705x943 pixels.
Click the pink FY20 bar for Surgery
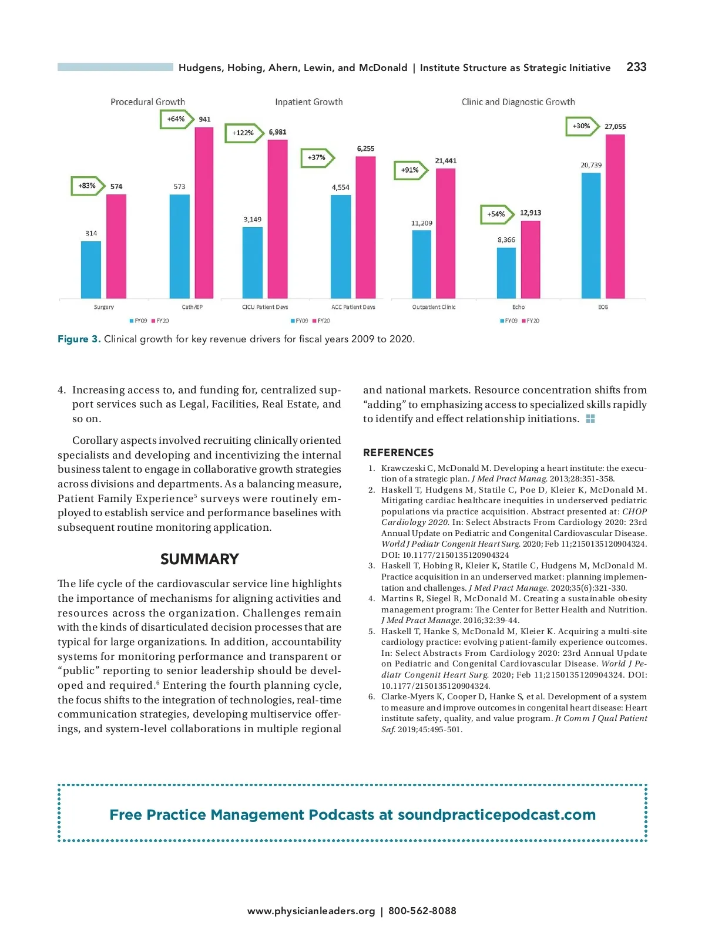116,246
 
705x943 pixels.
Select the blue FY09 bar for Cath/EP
179,246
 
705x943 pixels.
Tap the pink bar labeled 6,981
278,219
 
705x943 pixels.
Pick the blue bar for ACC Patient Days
341,246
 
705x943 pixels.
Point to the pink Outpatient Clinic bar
446,233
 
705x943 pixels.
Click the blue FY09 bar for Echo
506,272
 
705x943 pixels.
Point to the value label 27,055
615,126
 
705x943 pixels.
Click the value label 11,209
422,223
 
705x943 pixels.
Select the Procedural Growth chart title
147,102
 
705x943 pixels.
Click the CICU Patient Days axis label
265,307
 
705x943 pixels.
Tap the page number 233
636,67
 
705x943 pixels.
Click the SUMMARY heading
199,559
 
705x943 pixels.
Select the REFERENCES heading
398,453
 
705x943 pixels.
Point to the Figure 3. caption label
79,339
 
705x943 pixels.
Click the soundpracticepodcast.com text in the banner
496,815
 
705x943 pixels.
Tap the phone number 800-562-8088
422,911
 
